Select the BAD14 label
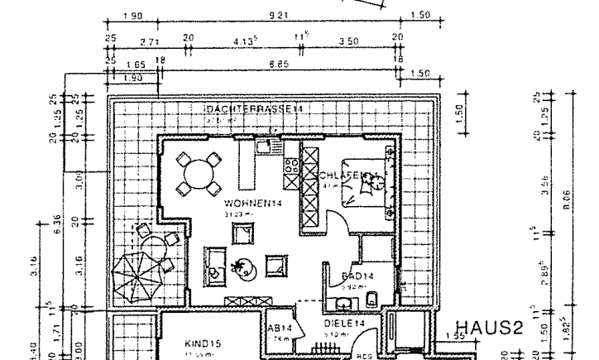click(x=358, y=276)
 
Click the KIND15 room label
click(x=201, y=341)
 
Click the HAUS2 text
click(x=496, y=327)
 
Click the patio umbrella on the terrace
click(x=137, y=273)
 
